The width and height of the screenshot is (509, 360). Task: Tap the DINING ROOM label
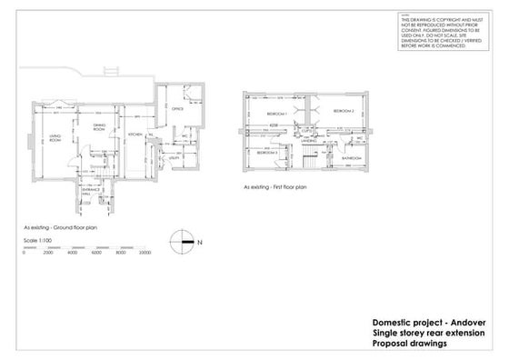tap(97, 127)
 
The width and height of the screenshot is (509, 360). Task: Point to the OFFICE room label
tap(178, 108)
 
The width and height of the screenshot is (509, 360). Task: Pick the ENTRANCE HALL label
tap(86, 191)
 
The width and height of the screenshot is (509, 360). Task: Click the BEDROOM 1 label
tap(277, 113)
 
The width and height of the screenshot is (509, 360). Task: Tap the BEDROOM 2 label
tap(343, 110)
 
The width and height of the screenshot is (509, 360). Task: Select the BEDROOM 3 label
tap(265, 153)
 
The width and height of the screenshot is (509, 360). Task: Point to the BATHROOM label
tap(352, 157)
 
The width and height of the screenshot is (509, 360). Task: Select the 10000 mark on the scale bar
tap(144, 253)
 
